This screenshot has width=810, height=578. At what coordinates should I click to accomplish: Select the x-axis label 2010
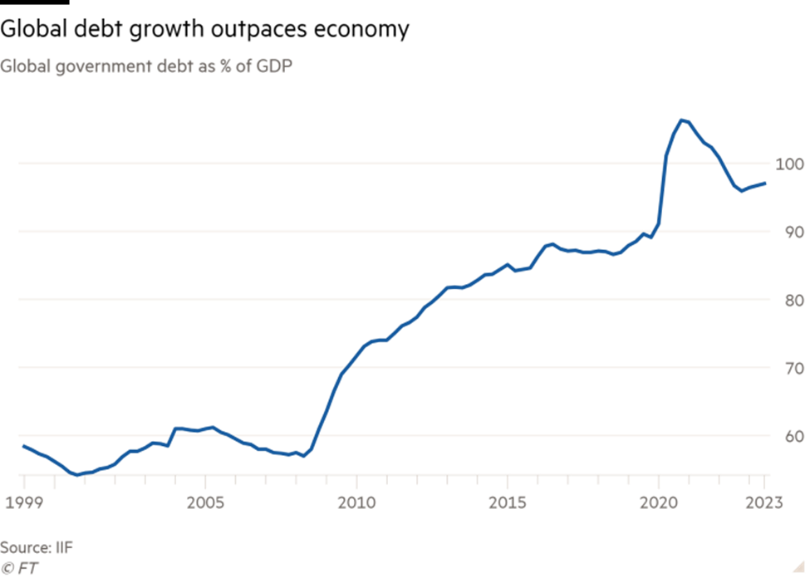[356, 502]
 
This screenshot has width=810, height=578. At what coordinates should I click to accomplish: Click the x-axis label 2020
[660, 502]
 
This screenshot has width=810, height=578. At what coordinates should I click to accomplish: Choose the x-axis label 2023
[763, 502]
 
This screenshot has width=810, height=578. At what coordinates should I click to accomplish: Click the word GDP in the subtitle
[272, 66]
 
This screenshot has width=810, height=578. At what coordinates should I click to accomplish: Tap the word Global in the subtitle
[24, 66]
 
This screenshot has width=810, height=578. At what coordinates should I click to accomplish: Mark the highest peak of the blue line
[681, 120]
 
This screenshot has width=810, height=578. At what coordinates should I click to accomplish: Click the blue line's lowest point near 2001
[78, 475]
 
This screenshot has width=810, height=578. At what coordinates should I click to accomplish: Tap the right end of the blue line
[765, 184]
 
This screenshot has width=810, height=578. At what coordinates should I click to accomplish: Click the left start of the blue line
[23, 446]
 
